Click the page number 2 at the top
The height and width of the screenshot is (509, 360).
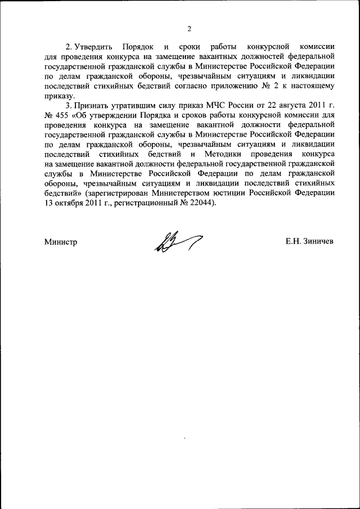click(189, 29)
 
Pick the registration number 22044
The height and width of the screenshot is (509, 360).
click(201, 202)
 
